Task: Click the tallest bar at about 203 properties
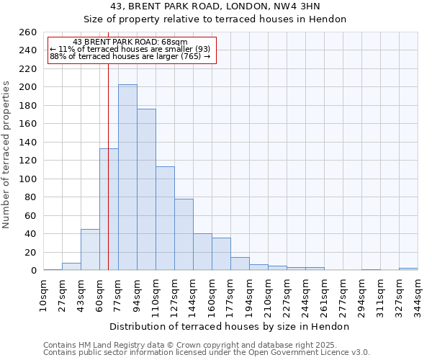[127, 177]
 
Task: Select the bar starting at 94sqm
[146, 189]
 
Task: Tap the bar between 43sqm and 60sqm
[90, 250]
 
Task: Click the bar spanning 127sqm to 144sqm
[184, 235]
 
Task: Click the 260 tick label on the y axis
[28, 32]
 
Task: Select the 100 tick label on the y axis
[28, 179]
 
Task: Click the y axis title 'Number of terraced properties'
[7, 154]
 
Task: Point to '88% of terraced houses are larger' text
[130, 56]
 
